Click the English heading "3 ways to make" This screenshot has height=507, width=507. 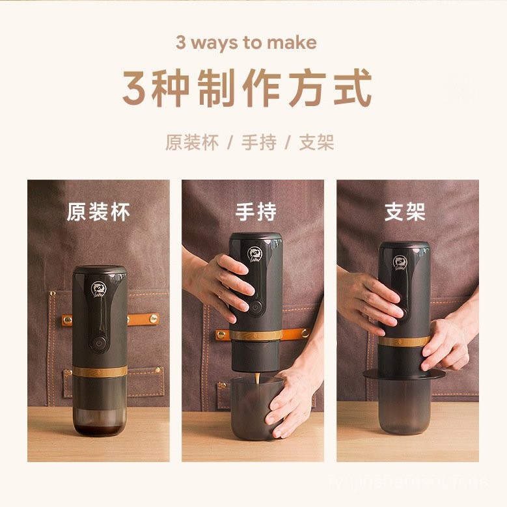[x=246, y=43]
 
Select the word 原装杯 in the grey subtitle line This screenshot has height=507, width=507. [x=191, y=143]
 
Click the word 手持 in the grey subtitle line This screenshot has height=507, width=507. [x=258, y=143]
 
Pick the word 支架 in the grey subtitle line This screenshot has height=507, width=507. [x=316, y=143]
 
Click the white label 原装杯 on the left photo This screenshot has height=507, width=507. [x=98, y=212]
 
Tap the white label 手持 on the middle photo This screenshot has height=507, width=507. [x=255, y=212]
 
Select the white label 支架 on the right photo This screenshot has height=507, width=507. [x=405, y=212]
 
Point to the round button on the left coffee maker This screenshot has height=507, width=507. [x=99, y=343]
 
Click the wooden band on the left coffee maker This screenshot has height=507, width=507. [x=100, y=371]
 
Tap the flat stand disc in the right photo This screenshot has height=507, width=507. [x=404, y=374]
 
